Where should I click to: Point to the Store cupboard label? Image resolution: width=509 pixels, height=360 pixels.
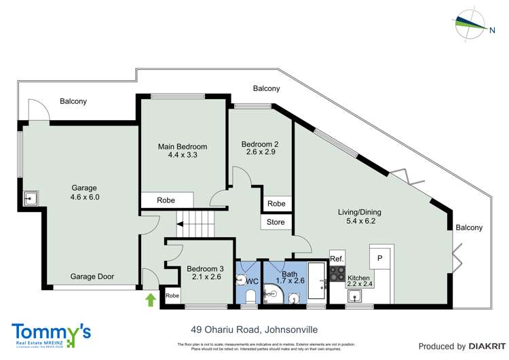click(x=276, y=221)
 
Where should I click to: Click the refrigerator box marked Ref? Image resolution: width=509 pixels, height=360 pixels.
click(x=337, y=258)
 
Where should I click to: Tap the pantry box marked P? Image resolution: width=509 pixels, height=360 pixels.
click(x=380, y=257)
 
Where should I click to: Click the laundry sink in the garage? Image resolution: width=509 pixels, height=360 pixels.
click(x=31, y=198)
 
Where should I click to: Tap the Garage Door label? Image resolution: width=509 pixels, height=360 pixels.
click(x=92, y=277)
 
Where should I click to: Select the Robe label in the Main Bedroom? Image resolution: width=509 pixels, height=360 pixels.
click(x=166, y=201)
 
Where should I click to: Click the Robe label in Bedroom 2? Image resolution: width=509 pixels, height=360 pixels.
click(x=276, y=204)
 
